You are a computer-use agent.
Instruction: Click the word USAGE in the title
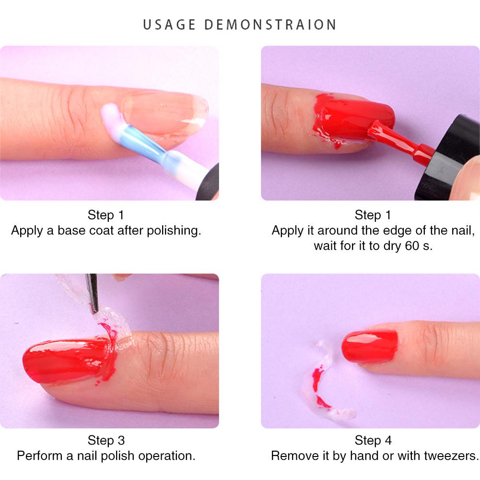point(169,25)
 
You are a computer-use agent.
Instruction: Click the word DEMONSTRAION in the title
point(270,25)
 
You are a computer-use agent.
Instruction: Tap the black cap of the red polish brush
point(447,158)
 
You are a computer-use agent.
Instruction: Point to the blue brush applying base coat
point(135,132)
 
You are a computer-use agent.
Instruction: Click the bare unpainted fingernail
point(165,113)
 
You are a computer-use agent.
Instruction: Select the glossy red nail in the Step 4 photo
point(370,346)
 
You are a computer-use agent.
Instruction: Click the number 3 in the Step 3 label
point(121,441)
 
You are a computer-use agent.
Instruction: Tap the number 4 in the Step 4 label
point(388,441)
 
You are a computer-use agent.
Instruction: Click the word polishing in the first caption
point(174,231)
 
